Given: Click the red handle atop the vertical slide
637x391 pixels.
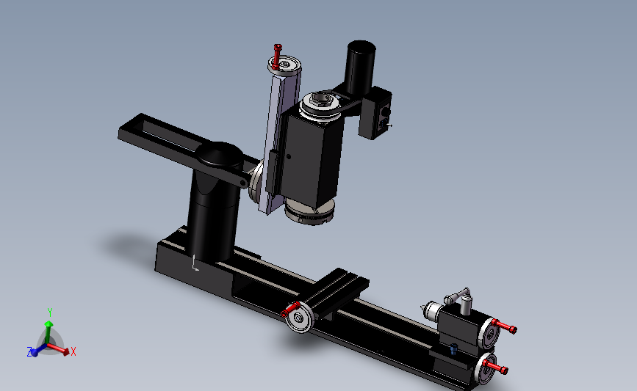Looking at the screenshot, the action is (x=278, y=56).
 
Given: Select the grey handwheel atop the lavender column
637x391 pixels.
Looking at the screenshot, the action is (x=285, y=65).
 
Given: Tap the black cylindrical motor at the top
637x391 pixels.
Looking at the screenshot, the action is (x=359, y=67).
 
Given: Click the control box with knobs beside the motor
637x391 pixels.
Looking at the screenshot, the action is (x=375, y=114).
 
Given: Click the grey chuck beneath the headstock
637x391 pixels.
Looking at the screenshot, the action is (x=309, y=211).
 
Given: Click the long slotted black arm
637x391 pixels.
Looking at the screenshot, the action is (x=179, y=146).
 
